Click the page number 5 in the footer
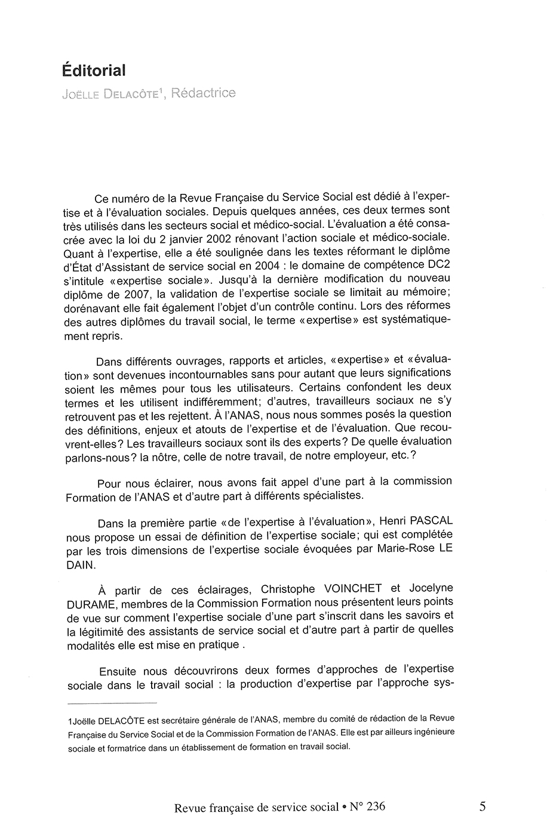click(x=482, y=807)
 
